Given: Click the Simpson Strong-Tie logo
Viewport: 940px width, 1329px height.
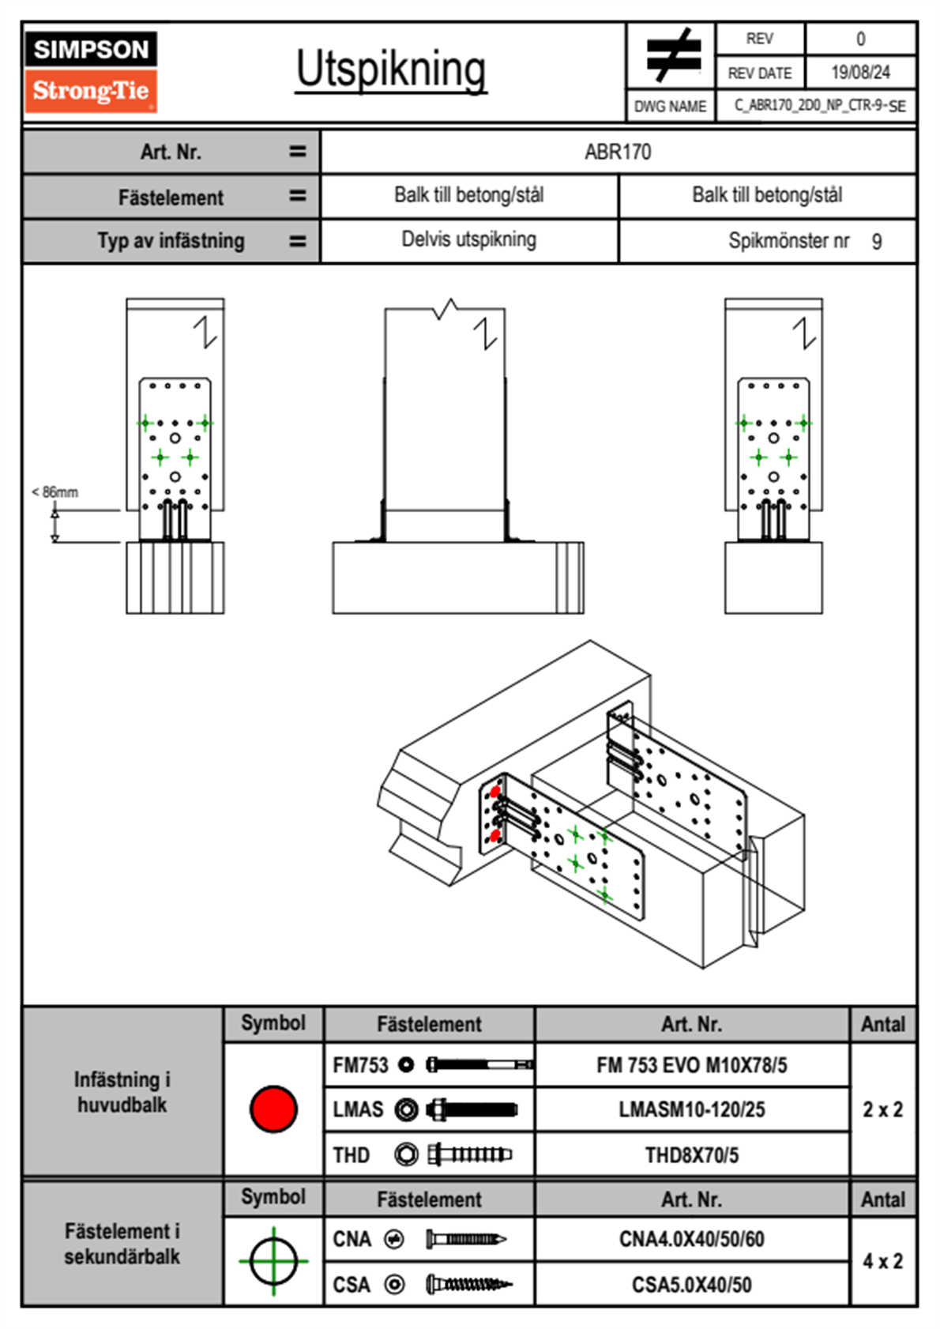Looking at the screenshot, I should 91,72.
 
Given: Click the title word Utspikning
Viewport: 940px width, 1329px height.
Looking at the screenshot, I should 391,70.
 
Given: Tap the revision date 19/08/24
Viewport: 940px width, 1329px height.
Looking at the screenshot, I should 860,73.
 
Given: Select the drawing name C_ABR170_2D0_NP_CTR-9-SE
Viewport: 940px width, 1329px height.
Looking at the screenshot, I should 819,106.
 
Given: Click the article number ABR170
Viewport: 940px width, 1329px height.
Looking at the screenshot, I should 618,152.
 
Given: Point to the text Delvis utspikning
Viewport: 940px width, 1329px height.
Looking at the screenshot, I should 468,239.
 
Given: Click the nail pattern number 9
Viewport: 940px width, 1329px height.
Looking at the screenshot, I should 877,242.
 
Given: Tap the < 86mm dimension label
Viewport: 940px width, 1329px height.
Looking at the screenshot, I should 55,492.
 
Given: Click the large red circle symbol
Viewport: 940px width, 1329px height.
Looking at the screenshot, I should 273,1109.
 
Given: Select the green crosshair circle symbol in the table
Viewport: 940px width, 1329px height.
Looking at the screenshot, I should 273,1261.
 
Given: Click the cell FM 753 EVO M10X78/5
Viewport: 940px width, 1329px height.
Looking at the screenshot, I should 691,1066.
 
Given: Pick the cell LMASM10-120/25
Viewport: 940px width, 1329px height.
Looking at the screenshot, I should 691,1110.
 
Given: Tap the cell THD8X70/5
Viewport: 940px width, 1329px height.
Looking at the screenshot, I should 691,1155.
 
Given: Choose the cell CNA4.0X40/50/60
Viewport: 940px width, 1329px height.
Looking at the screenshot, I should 691,1239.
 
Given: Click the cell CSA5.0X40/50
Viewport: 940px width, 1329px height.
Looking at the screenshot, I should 691,1285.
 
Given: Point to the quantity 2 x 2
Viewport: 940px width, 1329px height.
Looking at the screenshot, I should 882,1110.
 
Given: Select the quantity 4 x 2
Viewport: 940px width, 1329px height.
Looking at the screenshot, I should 882,1262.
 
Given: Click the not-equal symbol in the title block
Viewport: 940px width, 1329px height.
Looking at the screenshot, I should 672,55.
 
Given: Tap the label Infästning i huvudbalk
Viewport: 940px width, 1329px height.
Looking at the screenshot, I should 122,1092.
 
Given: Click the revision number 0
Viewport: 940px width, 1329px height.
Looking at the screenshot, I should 860,39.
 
